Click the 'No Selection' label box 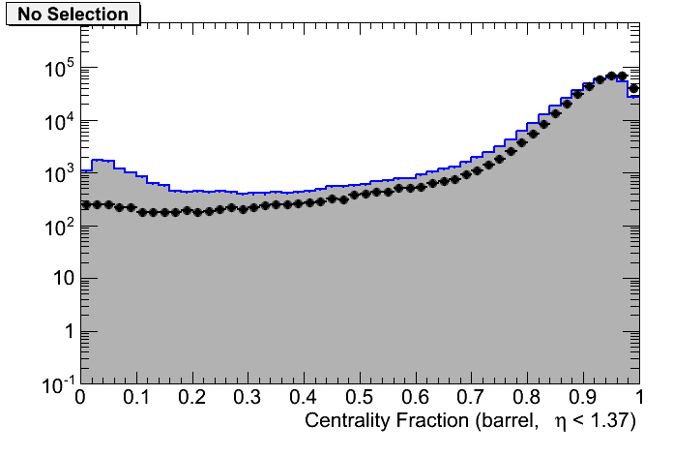click(73, 15)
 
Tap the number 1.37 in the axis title click(618, 421)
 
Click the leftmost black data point click(85, 205)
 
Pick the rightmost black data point click(634, 88)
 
